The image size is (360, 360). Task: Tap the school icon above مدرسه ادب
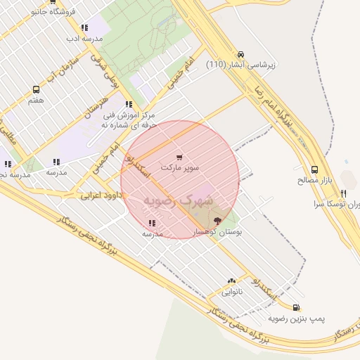(x=84, y=28)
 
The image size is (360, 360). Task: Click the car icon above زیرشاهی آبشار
(x=241, y=54)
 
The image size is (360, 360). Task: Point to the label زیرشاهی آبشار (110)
(x=241, y=65)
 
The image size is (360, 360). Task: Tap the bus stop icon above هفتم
(x=36, y=90)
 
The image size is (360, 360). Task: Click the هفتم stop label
(x=36, y=101)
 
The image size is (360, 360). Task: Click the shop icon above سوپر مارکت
(x=180, y=157)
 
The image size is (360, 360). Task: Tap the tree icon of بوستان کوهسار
(x=217, y=221)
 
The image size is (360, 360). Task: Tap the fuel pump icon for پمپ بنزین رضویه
(x=295, y=307)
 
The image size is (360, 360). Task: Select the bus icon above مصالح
(x=314, y=169)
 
